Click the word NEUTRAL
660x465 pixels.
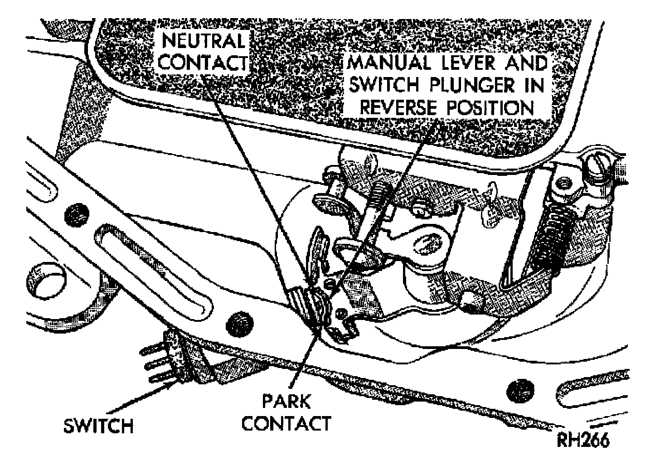coord(204,43)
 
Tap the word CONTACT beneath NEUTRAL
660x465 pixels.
coord(204,63)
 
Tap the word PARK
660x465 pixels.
coord(286,402)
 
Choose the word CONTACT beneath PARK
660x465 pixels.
coord(286,423)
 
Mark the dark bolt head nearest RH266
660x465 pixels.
coord(520,389)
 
